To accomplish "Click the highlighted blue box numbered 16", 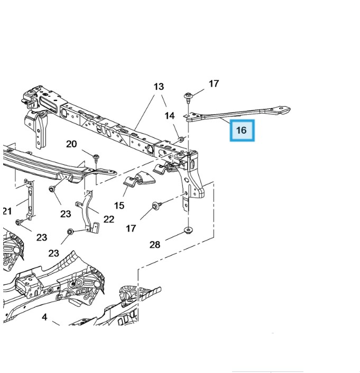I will [242, 130].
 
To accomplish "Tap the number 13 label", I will [159, 87].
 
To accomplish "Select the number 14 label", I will [169, 116].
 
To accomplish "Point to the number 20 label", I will [71, 144].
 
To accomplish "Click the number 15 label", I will [119, 205].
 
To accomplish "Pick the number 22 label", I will [108, 219].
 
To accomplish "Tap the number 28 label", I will [154, 244].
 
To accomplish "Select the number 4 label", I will [44, 317].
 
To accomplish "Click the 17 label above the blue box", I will [214, 83].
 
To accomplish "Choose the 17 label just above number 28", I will [131, 228].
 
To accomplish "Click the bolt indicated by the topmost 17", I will [188, 97].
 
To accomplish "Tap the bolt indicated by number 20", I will [96, 157].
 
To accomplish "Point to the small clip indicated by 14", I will [181, 139].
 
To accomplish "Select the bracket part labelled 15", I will [137, 182].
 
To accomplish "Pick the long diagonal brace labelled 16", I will [238, 113].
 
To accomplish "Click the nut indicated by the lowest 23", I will [70, 232].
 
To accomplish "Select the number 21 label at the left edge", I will [6, 211].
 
